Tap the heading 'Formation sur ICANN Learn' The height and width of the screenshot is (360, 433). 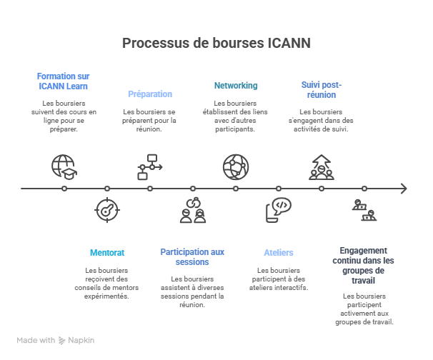pyautogui.click(x=64, y=81)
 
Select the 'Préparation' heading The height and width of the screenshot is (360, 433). pyautogui.click(x=149, y=94)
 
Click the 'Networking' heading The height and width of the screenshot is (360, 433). pyautogui.click(x=236, y=86)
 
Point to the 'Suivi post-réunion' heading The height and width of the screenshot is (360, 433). pyautogui.click(x=319, y=89)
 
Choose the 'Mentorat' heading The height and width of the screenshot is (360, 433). pyautogui.click(x=107, y=253)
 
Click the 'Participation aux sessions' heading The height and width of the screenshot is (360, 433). pyautogui.click(x=192, y=256)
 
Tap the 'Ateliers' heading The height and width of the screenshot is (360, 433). pyautogui.click(x=279, y=253)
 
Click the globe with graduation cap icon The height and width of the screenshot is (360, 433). pyautogui.click(x=64, y=166)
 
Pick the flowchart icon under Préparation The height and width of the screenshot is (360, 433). pyautogui.click(x=149, y=166)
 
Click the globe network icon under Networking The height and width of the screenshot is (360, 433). pyautogui.click(x=236, y=166)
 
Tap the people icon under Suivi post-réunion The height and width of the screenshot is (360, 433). pyautogui.click(x=321, y=166)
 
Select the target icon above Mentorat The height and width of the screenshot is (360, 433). pyautogui.click(x=107, y=211)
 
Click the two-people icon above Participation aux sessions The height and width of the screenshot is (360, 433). pyautogui.click(x=193, y=211)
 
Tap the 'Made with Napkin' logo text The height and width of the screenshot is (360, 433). pyautogui.click(x=56, y=341)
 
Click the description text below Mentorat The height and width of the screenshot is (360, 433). pyautogui.click(x=107, y=282)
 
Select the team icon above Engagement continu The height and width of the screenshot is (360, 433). pyautogui.click(x=364, y=211)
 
